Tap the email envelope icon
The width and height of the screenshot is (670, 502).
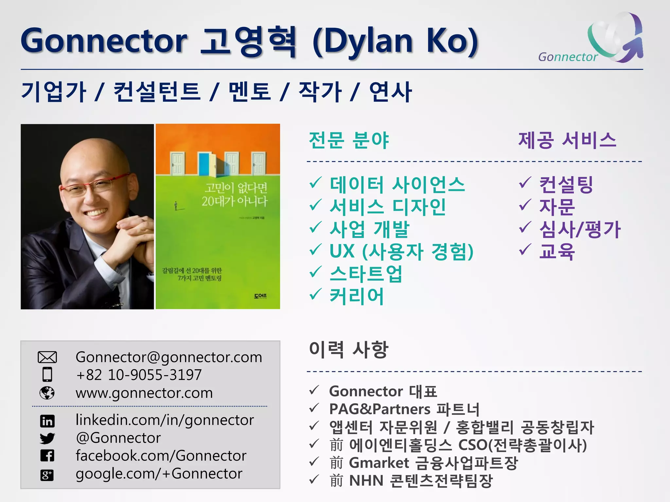(x=47, y=357)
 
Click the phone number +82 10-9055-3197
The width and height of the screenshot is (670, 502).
(x=139, y=375)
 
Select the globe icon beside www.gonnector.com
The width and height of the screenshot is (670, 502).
(x=47, y=393)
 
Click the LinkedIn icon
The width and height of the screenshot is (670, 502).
(x=47, y=421)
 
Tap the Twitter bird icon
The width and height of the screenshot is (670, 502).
(x=47, y=438)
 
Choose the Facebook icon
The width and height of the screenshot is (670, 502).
(x=47, y=456)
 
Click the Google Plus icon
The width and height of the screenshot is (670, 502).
(x=47, y=475)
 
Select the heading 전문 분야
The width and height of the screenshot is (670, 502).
(x=349, y=140)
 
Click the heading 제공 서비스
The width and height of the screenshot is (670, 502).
(x=567, y=140)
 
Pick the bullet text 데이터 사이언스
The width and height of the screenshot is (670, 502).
(x=397, y=184)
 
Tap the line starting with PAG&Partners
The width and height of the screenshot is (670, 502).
(x=404, y=409)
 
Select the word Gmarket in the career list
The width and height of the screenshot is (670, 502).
(x=379, y=463)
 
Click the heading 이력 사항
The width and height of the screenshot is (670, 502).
(x=349, y=349)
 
